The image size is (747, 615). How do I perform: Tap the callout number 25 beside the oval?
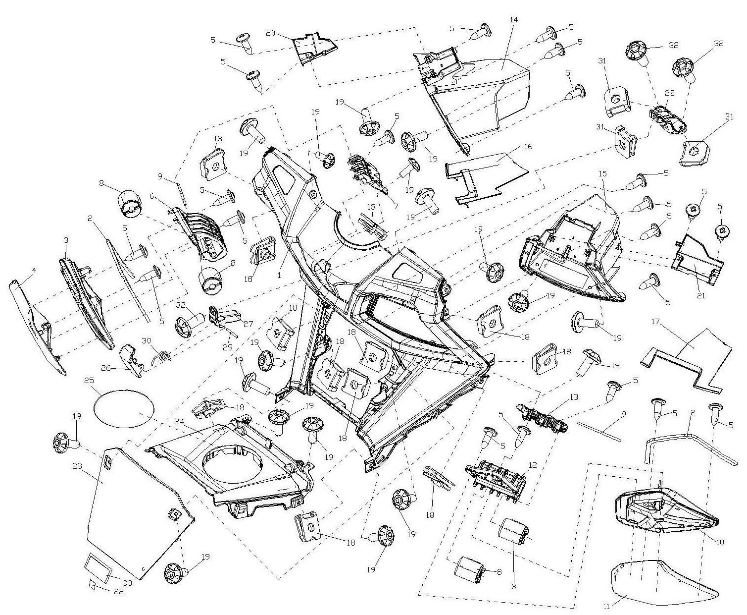point(89,380)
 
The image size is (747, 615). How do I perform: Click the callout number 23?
point(77,465)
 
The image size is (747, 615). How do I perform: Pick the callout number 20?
point(270,33)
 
